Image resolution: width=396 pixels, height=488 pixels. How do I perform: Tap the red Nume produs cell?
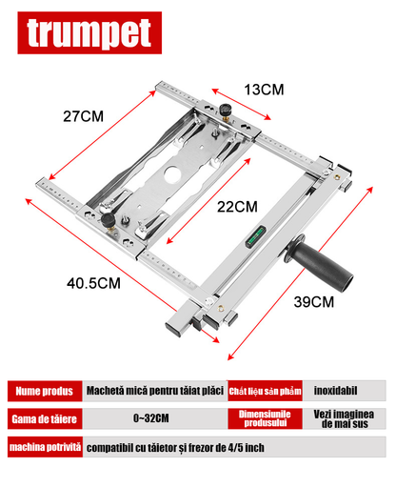(x=42, y=390)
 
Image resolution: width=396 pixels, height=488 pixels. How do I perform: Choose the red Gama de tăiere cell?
(x=42, y=418)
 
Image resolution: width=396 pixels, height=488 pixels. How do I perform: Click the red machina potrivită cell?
(x=42, y=447)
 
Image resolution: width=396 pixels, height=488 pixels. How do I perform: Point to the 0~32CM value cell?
(x=152, y=418)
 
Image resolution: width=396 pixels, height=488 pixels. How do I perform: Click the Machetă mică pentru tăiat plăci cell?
(x=152, y=390)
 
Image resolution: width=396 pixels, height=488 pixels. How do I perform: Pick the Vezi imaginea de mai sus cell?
(x=348, y=418)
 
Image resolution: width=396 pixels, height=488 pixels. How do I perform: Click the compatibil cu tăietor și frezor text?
(x=176, y=447)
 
